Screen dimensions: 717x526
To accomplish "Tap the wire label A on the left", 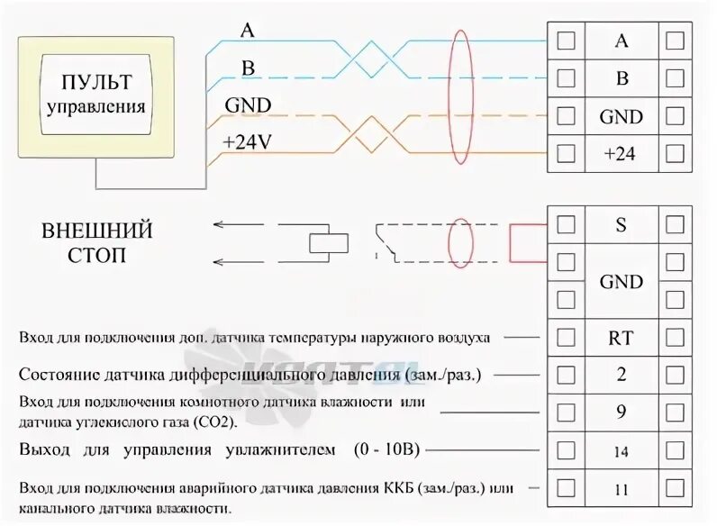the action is coord(247,30).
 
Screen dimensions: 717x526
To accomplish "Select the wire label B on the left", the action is coord(246,68).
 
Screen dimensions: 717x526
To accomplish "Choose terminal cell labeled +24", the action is coord(620,154).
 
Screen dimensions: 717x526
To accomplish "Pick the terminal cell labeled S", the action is coord(621,225).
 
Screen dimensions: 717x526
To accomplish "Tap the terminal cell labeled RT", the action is coord(621,338).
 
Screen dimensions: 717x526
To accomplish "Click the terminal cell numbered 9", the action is coord(621,412).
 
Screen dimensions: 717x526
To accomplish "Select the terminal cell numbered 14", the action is coord(621,449).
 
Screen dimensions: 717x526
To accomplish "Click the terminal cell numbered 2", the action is coord(621,375).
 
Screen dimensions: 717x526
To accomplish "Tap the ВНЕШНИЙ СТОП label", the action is coord(96,243).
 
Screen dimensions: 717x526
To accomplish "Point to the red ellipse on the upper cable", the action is coord(461,96).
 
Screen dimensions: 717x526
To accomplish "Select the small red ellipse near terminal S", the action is coord(462,242).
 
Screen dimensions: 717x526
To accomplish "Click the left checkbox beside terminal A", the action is coord(567,41).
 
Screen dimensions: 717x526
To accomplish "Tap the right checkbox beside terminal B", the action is coord(674,78).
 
